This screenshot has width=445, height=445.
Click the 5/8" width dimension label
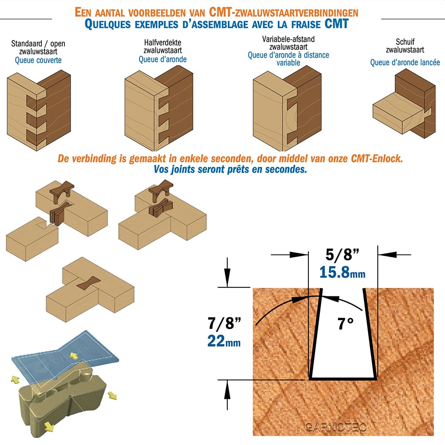coord(342,254)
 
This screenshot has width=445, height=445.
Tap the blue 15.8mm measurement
coord(342,272)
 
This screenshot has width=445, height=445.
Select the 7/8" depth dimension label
coord(224,323)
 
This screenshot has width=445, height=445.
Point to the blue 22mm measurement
coord(224,341)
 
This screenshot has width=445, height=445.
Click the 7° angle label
coord(345,324)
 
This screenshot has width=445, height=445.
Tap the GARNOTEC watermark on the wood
coord(336,427)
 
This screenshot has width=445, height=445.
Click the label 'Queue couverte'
coord(38,60)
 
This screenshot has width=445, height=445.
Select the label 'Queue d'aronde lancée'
coord(405,62)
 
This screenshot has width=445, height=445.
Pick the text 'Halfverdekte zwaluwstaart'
coord(162,47)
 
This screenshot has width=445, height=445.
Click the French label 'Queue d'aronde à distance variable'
coord(288,59)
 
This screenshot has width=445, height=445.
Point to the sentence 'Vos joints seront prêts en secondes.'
coord(230,170)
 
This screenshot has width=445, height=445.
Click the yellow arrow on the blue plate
coord(74,356)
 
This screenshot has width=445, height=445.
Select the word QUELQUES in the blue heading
coord(108,24)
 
